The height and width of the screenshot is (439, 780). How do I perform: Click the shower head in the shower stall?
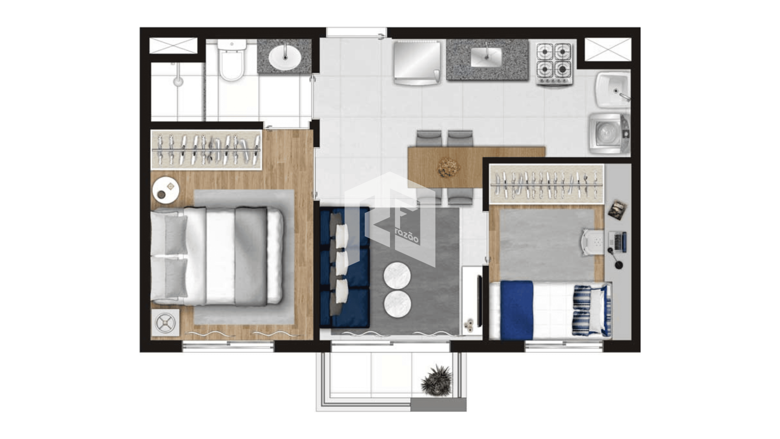tap(178, 81)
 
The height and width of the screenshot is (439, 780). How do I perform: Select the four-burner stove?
tap(554, 64)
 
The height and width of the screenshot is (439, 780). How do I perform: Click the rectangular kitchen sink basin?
tap(486, 57)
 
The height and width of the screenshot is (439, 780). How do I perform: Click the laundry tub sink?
tap(613, 90)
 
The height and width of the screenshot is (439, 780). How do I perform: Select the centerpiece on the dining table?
tap(448, 167)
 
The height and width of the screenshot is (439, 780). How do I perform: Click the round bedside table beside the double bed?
tap(166, 190)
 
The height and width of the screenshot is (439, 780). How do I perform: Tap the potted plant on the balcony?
tap(437, 380)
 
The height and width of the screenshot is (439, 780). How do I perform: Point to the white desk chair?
tap(593, 242)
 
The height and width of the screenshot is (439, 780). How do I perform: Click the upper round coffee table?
tap(397, 276)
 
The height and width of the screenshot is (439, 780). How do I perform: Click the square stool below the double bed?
tap(165, 324)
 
